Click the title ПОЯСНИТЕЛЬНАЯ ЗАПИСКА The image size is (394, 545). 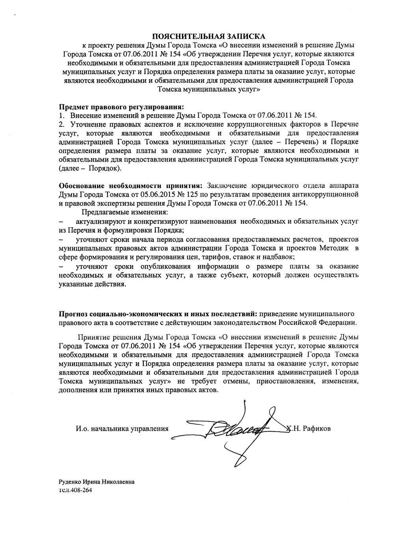click(x=208, y=37)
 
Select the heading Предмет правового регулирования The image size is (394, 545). click(x=121, y=107)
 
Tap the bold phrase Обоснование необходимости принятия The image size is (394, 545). click(x=130, y=186)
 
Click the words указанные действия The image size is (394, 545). click(x=92, y=284)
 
